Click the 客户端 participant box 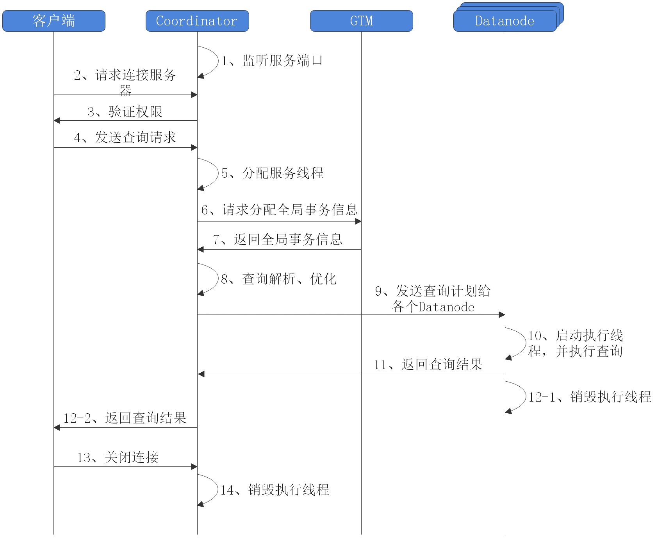click(x=54, y=21)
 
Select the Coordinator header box click(x=197, y=21)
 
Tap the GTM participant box click(x=362, y=21)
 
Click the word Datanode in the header click(x=504, y=21)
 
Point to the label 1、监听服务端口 click(x=272, y=61)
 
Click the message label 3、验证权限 click(x=125, y=112)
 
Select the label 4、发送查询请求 click(x=125, y=138)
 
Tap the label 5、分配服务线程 click(x=272, y=173)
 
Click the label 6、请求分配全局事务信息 click(x=279, y=210)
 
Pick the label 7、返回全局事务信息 click(x=278, y=239)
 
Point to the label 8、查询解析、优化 click(x=278, y=279)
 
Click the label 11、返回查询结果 click(x=428, y=364)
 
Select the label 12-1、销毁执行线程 click(x=590, y=397)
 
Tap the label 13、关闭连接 click(x=118, y=457)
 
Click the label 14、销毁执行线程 click(x=275, y=490)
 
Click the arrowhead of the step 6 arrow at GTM click(x=358, y=221)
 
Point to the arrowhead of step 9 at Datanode click(x=502, y=314)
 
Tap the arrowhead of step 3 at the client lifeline click(x=57, y=121)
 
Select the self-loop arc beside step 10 click(x=523, y=343)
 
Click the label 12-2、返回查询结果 click(x=125, y=418)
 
